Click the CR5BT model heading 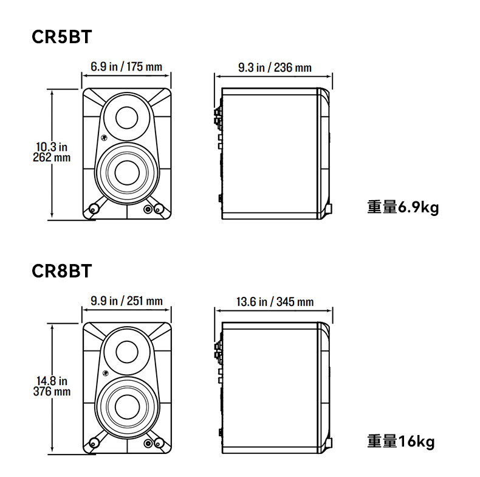61,37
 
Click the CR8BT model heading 61,271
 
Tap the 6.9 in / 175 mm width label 126,66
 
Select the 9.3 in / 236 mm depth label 275,68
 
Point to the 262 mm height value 52,158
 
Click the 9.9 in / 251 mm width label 126,301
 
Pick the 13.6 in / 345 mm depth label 275,302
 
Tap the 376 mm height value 52,391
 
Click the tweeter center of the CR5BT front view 127,117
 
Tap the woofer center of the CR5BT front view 127,173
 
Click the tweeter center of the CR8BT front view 127,352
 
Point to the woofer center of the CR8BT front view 127,407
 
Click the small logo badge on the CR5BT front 105,138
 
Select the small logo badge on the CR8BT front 105,372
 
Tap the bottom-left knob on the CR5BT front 93,209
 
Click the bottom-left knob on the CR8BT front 93,444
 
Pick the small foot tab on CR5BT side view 329,209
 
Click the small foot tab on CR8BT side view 329,443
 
